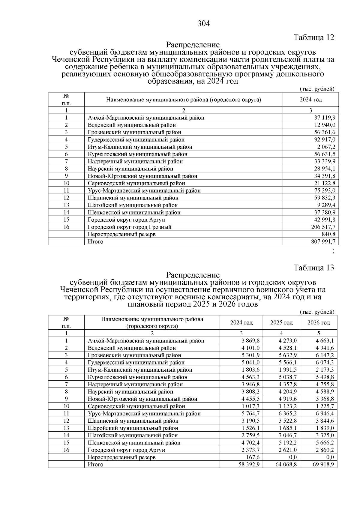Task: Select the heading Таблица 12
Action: [x=314, y=37]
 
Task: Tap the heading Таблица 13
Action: [x=314, y=268]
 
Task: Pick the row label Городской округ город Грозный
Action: [x=130, y=227]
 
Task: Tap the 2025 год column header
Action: [x=281, y=323]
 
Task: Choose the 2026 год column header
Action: [x=319, y=323]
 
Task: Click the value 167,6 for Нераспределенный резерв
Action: [x=252, y=457]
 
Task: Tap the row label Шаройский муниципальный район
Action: [x=133, y=428]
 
